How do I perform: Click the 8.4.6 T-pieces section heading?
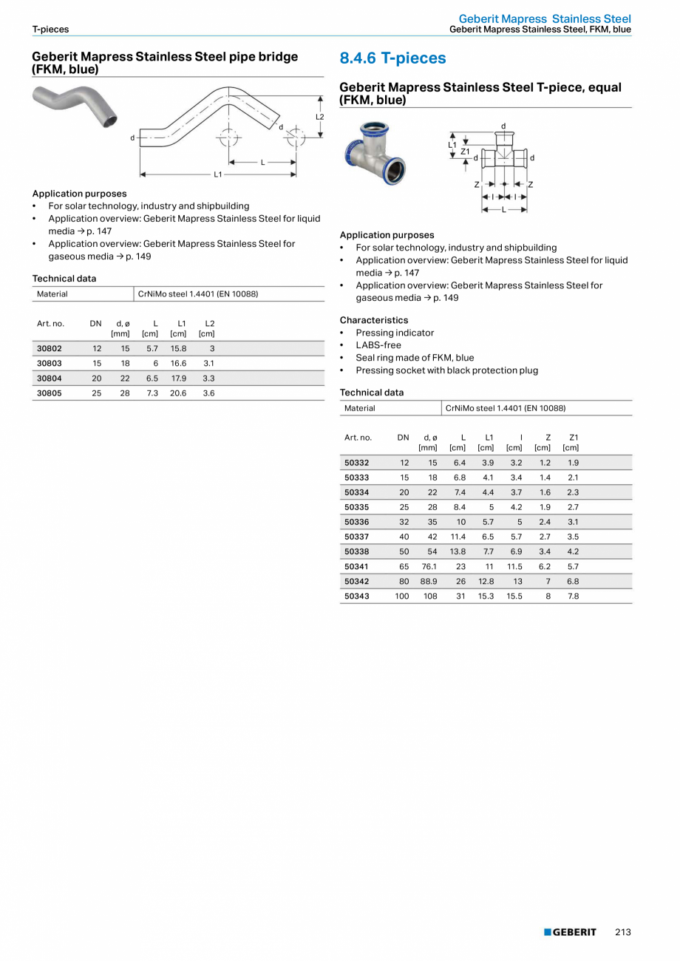(392, 58)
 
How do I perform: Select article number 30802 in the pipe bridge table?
(50, 348)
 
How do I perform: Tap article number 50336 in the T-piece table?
(357, 522)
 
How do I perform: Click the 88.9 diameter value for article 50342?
(429, 581)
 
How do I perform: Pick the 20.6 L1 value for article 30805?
(178, 393)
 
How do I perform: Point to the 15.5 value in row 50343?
(514, 596)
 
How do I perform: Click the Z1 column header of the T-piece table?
(571, 442)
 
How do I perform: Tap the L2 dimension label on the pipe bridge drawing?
(320, 117)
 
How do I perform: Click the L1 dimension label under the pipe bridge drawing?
(218, 174)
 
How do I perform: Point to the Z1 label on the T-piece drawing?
(465, 151)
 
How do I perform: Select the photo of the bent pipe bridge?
(75, 108)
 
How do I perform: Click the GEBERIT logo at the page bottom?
(570, 932)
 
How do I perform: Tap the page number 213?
(622, 932)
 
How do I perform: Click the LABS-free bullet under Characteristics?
(378, 345)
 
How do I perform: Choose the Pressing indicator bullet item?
(395, 333)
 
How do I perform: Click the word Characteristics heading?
(373, 320)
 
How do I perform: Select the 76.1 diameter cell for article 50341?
(429, 566)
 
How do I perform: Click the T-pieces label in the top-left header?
(50, 30)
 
